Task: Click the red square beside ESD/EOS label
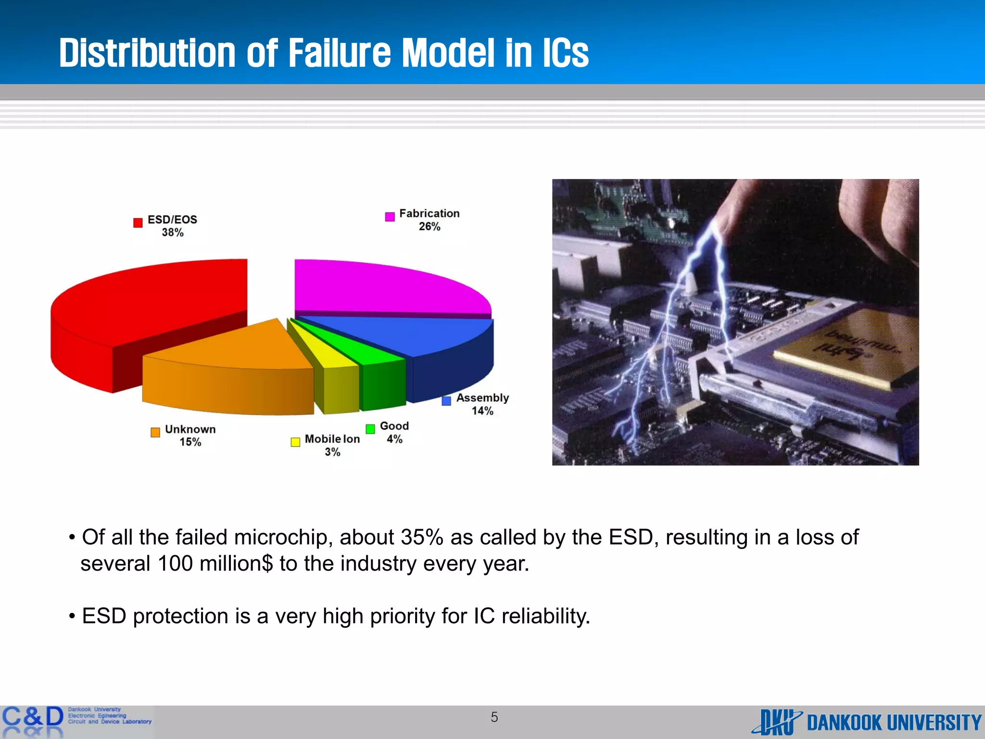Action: [138, 223]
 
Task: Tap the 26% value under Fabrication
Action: [429, 227]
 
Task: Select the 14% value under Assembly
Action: [482, 411]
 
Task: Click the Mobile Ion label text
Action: [332, 439]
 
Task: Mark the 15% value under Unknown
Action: [190, 442]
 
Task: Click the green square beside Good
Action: [370, 429]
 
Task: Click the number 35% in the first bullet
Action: [422, 537]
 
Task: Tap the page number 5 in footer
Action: [494, 717]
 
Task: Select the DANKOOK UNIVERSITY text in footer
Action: [894, 723]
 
